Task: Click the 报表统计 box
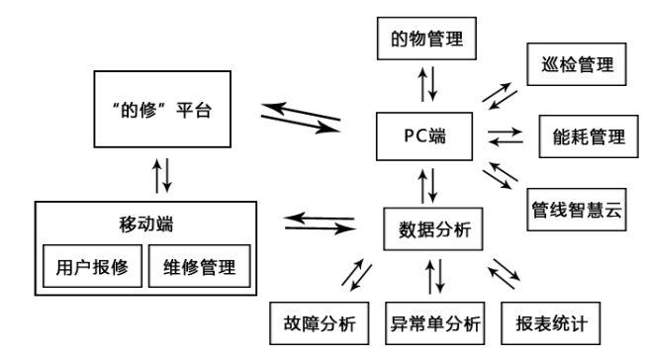click(x=554, y=320)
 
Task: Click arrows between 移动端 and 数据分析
click(x=319, y=223)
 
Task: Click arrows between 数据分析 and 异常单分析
click(x=432, y=275)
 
